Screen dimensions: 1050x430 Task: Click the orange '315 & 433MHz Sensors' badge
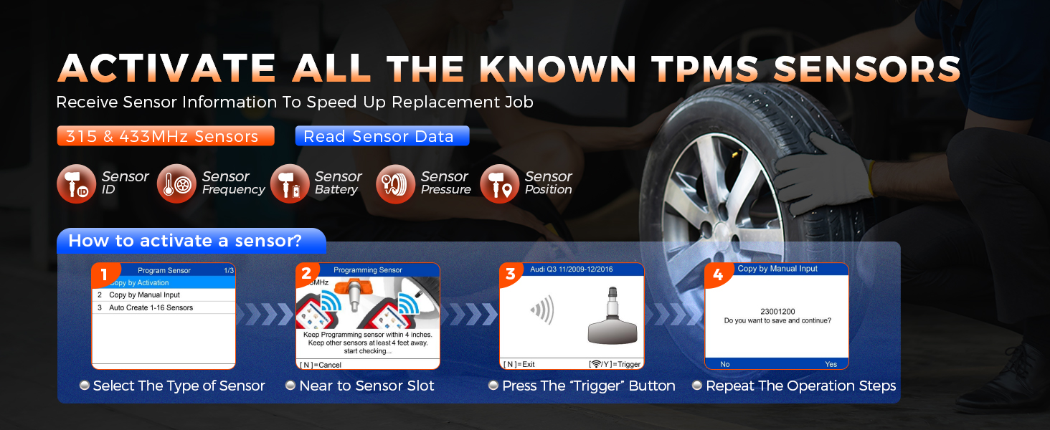tap(166, 136)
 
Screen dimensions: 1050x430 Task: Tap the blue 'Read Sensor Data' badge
tap(382, 136)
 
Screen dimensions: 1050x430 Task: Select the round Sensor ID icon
tap(77, 183)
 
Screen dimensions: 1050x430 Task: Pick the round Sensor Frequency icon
tap(176, 183)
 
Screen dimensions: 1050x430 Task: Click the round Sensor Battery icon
tap(290, 183)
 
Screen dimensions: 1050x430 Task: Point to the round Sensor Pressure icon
tap(396, 183)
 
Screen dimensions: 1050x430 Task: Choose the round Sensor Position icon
tap(500, 183)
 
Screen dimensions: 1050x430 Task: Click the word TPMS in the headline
tap(704, 69)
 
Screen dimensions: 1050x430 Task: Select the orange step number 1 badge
tap(105, 274)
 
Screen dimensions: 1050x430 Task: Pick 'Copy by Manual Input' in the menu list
tap(144, 295)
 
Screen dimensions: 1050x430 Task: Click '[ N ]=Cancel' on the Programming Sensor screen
tap(321, 365)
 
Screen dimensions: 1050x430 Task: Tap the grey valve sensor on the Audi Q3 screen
tap(612, 316)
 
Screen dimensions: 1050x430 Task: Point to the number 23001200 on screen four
tap(777, 312)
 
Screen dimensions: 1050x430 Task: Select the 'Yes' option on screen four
tap(831, 364)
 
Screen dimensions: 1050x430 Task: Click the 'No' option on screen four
tap(724, 364)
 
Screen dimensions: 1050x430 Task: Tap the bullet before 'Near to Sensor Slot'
tap(290, 385)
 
